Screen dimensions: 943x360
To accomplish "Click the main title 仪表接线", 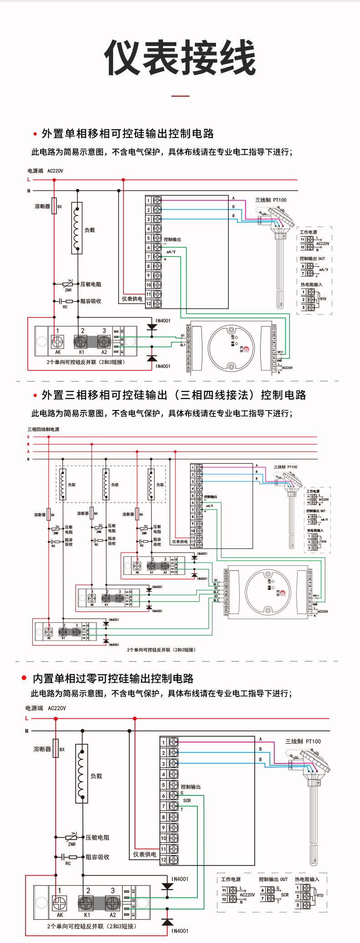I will pos(180,57).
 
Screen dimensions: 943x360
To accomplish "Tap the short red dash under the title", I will pos(180,96).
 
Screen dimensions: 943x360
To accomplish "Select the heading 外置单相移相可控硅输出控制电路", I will pos(128,133).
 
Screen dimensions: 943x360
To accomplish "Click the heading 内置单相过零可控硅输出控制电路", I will pos(113,678).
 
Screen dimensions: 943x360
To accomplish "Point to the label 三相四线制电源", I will pos(43,429).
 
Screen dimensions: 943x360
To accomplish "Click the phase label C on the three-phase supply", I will pos(28,437).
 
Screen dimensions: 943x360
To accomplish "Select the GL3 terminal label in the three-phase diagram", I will pos(216,600).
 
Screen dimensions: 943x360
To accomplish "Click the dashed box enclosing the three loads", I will pos(111,466).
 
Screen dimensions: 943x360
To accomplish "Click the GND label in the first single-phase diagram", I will pos(279,361).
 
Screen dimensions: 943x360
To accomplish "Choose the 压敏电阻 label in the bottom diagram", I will pos(98,837).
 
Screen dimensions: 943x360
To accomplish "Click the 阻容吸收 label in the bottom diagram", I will pos(98,857).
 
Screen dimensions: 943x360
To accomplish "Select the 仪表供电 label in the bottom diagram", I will pos(144,854).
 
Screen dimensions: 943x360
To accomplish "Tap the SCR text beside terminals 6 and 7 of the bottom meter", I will pos(187,800).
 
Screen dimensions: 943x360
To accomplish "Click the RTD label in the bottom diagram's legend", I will pos(320,895).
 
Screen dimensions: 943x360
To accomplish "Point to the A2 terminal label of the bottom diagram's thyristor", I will pos(113,914).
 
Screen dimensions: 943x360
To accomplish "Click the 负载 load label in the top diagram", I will pos(90,230).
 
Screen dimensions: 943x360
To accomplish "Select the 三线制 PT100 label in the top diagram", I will pos(271,200).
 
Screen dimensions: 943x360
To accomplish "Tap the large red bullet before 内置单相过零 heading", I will pos(24,678).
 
